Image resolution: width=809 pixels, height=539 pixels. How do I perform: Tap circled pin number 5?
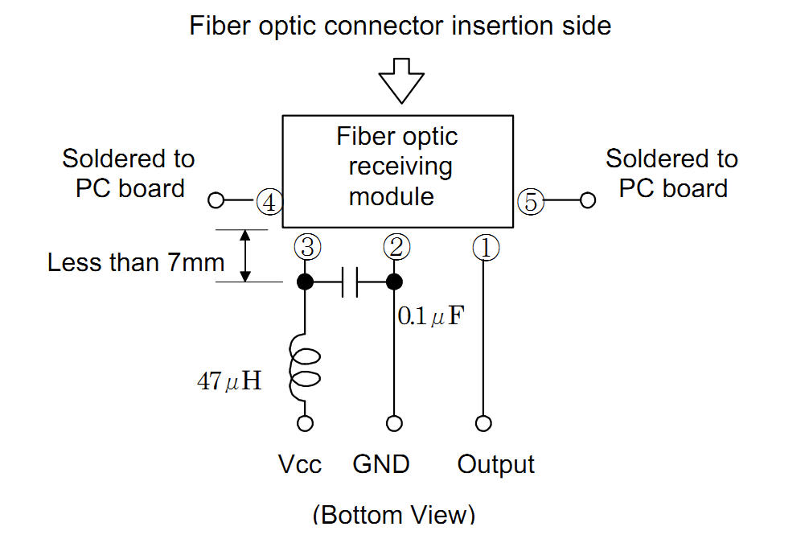coord(529,201)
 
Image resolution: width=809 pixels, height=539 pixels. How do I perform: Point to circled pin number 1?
coord(485,248)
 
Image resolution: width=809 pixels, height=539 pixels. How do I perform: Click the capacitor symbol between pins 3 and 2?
coord(350,282)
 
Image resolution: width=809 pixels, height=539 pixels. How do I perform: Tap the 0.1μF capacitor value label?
coord(430,315)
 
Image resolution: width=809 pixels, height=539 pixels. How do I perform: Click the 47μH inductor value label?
coord(229,381)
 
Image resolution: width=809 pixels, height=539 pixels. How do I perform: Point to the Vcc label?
coord(300,464)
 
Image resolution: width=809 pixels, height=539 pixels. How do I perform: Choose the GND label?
coord(381,464)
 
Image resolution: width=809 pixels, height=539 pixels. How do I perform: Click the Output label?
coord(495,464)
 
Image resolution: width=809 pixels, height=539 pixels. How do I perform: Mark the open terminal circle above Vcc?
coord(306,423)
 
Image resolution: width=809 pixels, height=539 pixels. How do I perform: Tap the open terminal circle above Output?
coord(484,423)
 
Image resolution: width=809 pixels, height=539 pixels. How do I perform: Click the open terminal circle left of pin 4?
coord(216,200)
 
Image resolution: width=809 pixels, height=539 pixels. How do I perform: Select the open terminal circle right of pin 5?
coord(588,200)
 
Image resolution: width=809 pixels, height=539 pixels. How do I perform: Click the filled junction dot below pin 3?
coord(306,282)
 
